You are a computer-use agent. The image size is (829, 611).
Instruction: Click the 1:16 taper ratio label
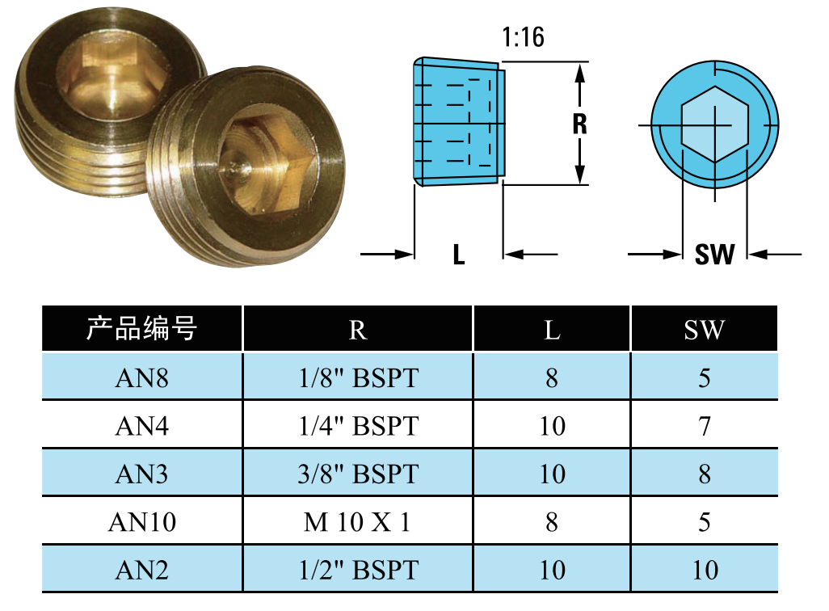click(x=523, y=37)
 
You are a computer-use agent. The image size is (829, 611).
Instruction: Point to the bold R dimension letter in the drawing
click(x=579, y=124)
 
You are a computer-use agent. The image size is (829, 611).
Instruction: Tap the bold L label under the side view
click(x=459, y=255)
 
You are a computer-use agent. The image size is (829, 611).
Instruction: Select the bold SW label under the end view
click(x=714, y=255)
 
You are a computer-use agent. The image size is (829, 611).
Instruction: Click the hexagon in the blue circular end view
click(x=713, y=125)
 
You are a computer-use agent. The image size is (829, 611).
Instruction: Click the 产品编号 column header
click(x=141, y=329)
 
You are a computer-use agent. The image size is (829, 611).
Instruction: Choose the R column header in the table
click(x=357, y=330)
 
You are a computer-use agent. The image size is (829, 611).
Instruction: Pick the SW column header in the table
click(x=705, y=330)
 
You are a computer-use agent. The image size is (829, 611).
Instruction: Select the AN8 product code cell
click(x=141, y=377)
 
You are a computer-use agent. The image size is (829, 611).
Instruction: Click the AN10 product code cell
click(x=141, y=522)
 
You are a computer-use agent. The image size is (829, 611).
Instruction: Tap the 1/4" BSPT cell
click(x=359, y=426)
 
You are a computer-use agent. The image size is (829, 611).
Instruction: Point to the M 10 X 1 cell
click(x=357, y=522)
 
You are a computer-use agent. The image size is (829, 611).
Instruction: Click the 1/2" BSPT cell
click(x=359, y=571)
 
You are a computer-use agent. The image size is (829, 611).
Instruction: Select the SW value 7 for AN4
click(x=705, y=426)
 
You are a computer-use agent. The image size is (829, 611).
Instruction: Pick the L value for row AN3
click(x=552, y=474)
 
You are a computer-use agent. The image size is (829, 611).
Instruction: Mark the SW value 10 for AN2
click(x=705, y=571)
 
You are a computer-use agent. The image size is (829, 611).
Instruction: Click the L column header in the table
click(x=552, y=330)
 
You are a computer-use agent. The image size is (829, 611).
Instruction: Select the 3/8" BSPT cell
click(x=359, y=474)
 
